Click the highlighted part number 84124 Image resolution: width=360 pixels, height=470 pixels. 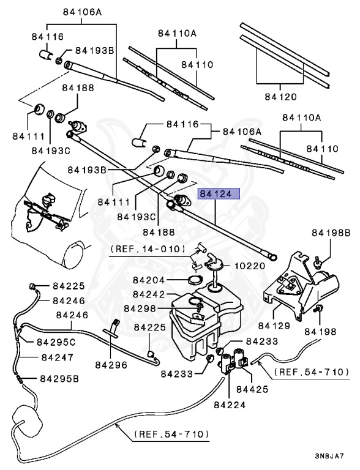(x=219, y=194)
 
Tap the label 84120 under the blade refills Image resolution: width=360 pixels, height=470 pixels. (x=280, y=97)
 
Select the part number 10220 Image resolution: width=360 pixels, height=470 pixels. (x=250, y=266)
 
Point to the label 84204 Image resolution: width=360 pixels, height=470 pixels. (x=149, y=280)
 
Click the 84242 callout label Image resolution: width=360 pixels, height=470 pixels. (x=149, y=294)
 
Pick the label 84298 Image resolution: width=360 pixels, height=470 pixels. (x=140, y=308)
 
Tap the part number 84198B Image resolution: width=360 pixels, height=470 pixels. (x=331, y=233)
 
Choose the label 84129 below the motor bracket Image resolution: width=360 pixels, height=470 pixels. (x=274, y=326)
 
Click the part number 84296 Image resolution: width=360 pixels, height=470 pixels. (x=111, y=365)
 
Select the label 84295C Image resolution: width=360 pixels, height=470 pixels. (x=56, y=341)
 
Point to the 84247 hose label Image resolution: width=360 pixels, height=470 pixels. (x=58, y=357)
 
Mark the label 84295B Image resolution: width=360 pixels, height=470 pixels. (x=59, y=379)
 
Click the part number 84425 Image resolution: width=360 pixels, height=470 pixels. (x=252, y=389)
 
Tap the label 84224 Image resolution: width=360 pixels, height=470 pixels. (x=230, y=405)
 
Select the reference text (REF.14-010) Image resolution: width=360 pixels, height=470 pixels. (x=148, y=249)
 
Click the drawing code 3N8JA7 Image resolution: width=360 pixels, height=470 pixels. (x=329, y=457)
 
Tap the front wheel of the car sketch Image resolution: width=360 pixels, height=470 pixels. (x=73, y=256)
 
